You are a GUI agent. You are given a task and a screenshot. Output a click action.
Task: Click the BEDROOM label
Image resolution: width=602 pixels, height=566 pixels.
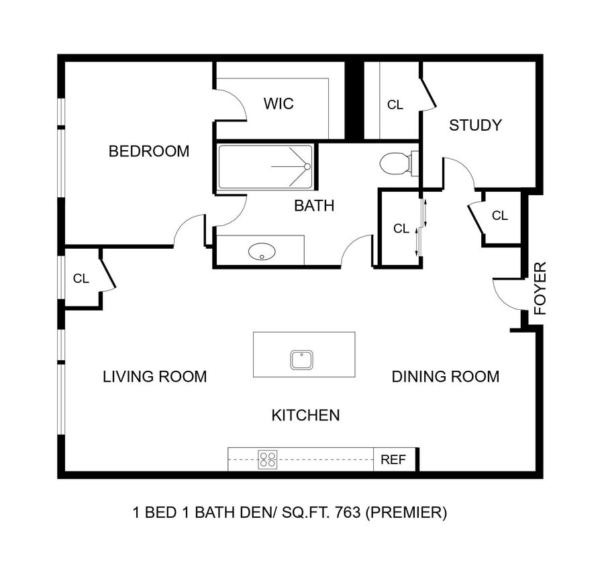(x=149, y=152)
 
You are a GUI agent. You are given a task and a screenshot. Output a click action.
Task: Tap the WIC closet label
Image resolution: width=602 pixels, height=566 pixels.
(x=279, y=104)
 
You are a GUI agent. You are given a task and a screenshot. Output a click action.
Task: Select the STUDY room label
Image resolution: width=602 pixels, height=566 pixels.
(x=475, y=125)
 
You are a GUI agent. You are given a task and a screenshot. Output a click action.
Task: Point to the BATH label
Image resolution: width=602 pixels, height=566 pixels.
(x=314, y=206)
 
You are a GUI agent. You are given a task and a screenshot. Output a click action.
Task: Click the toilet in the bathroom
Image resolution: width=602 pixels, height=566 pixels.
(x=396, y=163)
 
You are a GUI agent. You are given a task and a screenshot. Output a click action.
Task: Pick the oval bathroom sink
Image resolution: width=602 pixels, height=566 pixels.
(x=262, y=252)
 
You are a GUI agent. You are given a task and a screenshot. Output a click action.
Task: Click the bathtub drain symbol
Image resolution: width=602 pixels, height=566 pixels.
(x=307, y=166)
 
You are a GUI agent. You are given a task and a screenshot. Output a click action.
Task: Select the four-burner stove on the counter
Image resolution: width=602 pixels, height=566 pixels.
(x=268, y=459)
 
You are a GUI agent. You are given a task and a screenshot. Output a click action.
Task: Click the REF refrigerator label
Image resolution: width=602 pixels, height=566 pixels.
(x=393, y=460)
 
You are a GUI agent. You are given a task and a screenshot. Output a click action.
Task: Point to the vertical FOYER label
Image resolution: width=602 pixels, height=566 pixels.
(x=541, y=288)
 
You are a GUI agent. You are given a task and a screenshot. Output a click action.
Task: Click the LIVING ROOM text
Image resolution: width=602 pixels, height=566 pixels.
(x=154, y=377)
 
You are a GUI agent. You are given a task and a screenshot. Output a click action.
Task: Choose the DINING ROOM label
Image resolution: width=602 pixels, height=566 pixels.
(x=446, y=377)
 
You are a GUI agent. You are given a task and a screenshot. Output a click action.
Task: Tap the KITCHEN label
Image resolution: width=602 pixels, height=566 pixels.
(x=305, y=416)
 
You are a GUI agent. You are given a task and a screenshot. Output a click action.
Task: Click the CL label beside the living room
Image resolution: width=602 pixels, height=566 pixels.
(x=81, y=279)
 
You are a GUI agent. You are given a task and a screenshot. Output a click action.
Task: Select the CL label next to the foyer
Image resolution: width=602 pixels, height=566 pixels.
(x=500, y=216)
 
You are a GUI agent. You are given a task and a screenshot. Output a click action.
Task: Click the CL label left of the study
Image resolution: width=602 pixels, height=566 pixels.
(x=395, y=105)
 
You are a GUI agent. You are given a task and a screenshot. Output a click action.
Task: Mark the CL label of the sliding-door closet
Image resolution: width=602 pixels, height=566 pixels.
(x=401, y=229)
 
